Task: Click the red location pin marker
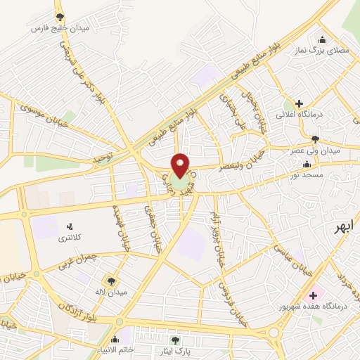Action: (x=180, y=165)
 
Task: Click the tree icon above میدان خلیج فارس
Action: (x=60, y=16)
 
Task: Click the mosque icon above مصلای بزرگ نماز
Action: (x=322, y=39)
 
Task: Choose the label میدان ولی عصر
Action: (x=316, y=150)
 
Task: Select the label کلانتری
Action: (x=69, y=238)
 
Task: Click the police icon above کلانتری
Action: (x=69, y=226)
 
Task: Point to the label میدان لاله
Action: (x=111, y=292)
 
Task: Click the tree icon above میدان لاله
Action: (x=111, y=280)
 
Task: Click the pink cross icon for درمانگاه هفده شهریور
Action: (x=312, y=295)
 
